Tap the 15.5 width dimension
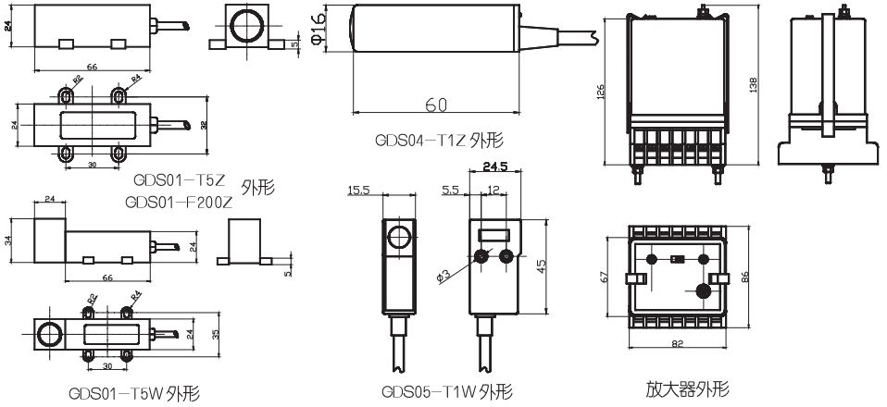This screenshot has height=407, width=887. click(x=359, y=191)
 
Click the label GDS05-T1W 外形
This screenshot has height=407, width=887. click(x=446, y=391)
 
